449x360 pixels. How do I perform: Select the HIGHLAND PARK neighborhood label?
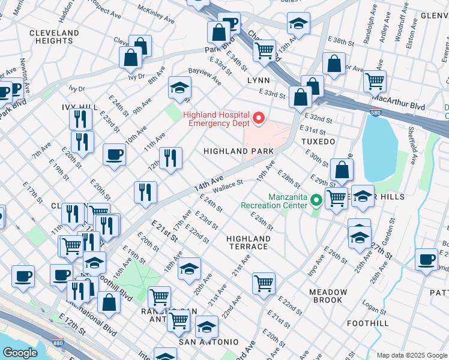pos(238,152)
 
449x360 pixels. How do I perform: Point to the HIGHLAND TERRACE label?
pos(248,242)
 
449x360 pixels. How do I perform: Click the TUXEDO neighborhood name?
pos(319,142)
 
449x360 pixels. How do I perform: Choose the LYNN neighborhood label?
pos(258,80)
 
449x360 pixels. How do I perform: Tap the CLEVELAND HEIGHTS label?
pos(53,37)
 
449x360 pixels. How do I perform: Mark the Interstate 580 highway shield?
pos(373,112)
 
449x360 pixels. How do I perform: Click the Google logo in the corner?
pos(19,352)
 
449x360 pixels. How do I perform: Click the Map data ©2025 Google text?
pos(411,355)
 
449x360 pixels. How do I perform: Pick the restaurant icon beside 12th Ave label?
pos(170,158)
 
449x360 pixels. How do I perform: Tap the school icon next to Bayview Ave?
pos(179,88)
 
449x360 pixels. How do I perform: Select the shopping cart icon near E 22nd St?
pos(264,283)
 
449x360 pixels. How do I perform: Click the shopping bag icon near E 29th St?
pos(342,170)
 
